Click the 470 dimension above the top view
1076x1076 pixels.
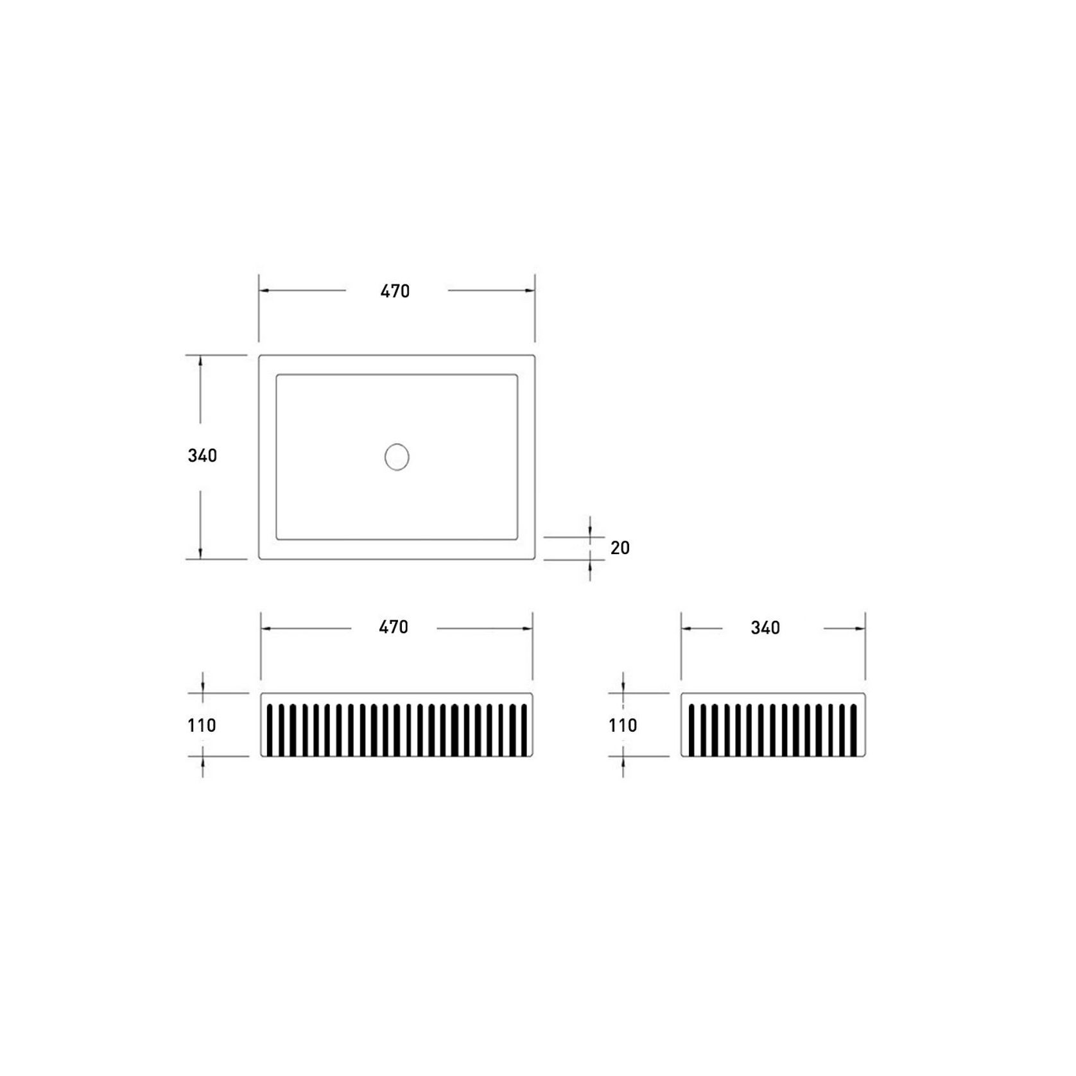(x=395, y=291)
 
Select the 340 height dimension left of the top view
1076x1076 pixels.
(x=202, y=456)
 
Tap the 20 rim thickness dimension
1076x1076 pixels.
(x=620, y=548)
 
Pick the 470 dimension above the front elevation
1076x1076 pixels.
(x=394, y=627)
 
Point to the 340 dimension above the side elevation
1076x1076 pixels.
(x=765, y=628)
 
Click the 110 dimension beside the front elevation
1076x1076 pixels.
(x=202, y=725)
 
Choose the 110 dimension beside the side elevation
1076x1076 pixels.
(x=623, y=725)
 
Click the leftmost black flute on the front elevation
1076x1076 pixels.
(x=270, y=730)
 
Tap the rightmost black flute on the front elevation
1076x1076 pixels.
(x=524, y=730)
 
